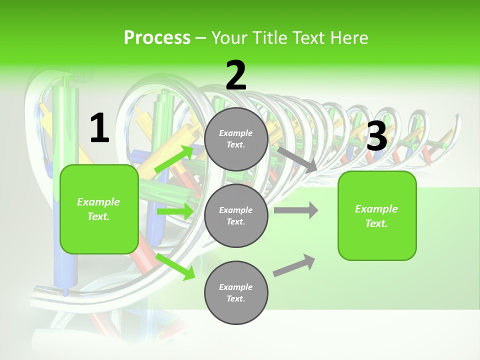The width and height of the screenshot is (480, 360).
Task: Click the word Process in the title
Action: [157, 38]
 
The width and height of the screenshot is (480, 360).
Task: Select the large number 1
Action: [99, 128]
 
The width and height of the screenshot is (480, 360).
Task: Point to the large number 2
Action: [236, 75]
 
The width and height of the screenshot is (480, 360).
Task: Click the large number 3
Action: [377, 136]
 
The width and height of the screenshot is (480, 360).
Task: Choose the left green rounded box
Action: [99, 209]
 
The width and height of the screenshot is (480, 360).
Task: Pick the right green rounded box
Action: [377, 215]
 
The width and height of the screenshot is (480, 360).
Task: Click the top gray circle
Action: [236, 139]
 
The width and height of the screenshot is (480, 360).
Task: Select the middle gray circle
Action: [236, 215]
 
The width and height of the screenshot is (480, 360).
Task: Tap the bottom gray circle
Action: [236, 292]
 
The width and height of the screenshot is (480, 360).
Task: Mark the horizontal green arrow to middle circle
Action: [174, 211]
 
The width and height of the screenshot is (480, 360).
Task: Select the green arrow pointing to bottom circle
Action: [175, 266]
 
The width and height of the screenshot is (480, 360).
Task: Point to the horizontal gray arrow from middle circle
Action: [296, 210]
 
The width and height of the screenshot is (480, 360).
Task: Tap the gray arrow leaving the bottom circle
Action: [294, 265]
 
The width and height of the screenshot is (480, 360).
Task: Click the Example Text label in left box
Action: [99, 209]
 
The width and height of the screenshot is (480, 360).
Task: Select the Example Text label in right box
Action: [377, 215]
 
